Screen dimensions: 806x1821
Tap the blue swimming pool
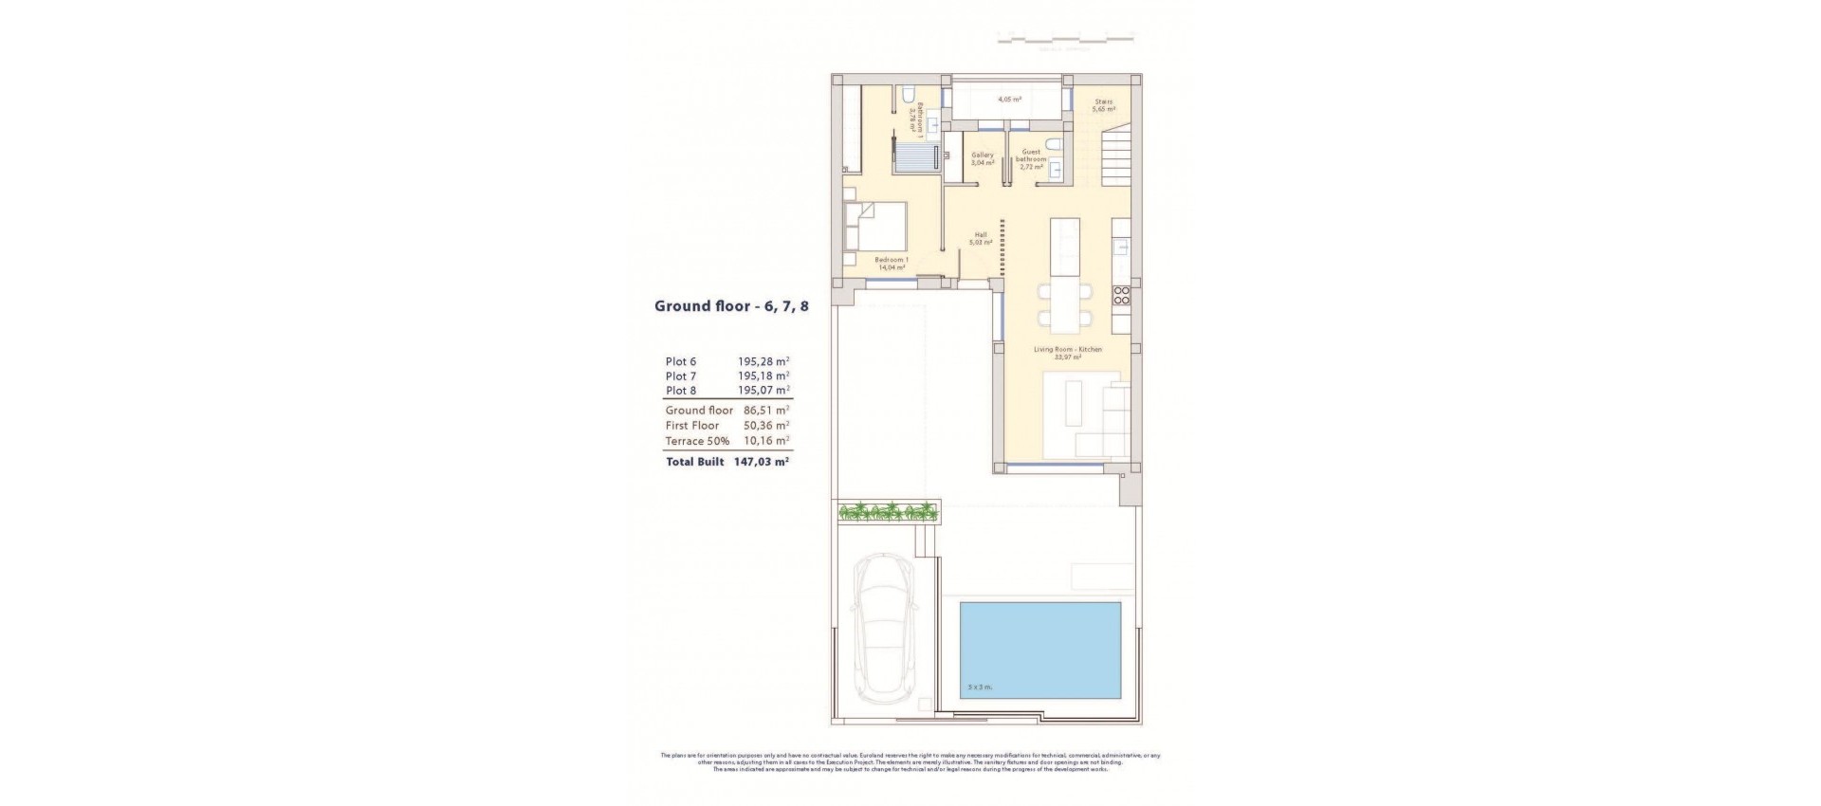click(x=1040, y=650)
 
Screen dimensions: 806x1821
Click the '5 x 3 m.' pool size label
click(x=979, y=687)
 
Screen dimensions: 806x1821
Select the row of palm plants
click(x=888, y=513)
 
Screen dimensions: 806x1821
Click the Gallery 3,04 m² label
click(x=983, y=158)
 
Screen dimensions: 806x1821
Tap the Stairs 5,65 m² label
click(x=1103, y=105)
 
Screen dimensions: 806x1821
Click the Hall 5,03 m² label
click(x=981, y=238)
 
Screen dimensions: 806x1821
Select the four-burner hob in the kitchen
click(x=1121, y=294)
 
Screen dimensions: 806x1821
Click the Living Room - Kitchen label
click(x=1067, y=353)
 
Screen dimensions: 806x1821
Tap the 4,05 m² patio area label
click(x=1008, y=99)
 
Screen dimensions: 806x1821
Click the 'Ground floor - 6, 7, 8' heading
click(x=731, y=306)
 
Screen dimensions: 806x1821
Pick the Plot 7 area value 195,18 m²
click(x=763, y=376)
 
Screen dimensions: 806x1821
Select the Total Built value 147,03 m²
click(x=762, y=462)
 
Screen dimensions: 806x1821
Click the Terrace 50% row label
click(x=698, y=441)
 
